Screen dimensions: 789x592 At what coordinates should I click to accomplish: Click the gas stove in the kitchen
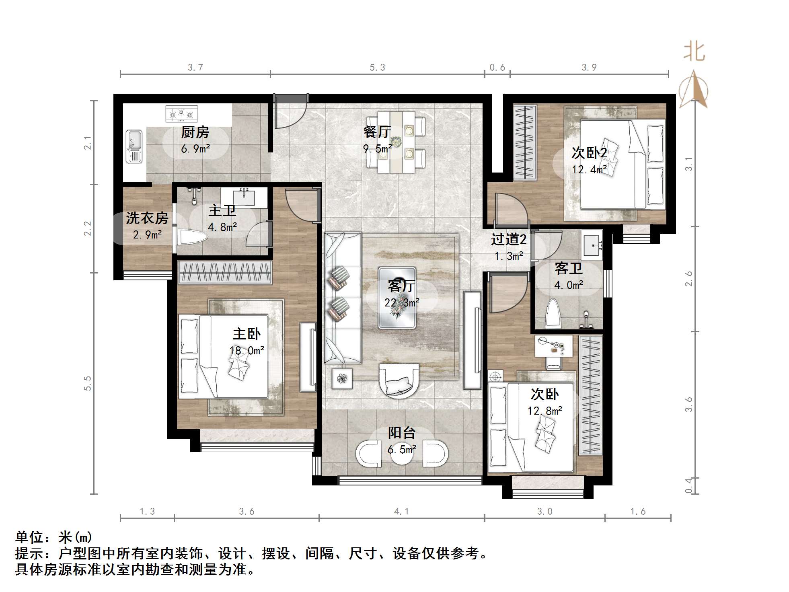pyautogui.click(x=182, y=114)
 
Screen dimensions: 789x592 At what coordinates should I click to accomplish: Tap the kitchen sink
pyautogui.click(x=134, y=146)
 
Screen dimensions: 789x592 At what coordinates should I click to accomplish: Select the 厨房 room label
pyautogui.click(x=195, y=132)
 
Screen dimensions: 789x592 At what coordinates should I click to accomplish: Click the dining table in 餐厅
pyautogui.click(x=396, y=142)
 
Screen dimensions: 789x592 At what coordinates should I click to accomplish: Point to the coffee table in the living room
pyautogui.click(x=397, y=298)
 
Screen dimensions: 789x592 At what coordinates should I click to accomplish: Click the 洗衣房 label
pyautogui.click(x=147, y=218)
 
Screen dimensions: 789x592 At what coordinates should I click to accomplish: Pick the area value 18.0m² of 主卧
pyautogui.click(x=247, y=351)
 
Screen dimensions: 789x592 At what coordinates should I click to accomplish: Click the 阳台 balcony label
pyautogui.click(x=402, y=433)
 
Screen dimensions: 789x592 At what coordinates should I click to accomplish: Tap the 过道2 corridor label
pyautogui.click(x=509, y=240)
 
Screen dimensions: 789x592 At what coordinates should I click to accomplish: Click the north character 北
pyautogui.click(x=694, y=53)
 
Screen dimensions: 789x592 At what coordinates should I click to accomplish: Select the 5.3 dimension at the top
pyautogui.click(x=377, y=68)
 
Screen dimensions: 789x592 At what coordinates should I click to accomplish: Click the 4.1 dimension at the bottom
pyautogui.click(x=401, y=511)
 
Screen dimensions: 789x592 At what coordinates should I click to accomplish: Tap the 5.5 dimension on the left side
pyautogui.click(x=88, y=383)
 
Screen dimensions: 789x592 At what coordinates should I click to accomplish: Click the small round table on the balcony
pyautogui.click(x=402, y=453)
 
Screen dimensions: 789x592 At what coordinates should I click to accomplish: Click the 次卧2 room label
pyautogui.click(x=589, y=153)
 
